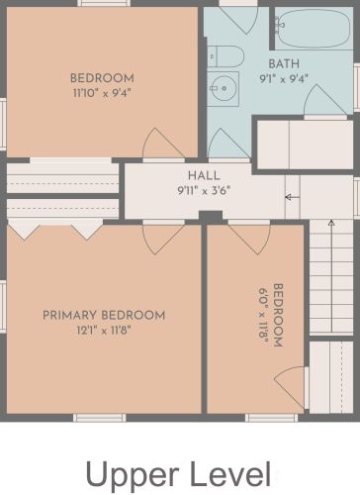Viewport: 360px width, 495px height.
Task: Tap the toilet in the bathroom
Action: tap(225, 56)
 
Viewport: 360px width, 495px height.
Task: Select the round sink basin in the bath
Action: tap(224, 88)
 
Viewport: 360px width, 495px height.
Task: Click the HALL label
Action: tap(204, 175)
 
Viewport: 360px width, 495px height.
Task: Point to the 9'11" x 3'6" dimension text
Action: tap(204, 191)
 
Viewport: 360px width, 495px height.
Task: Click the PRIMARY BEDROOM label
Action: tap(104, 315)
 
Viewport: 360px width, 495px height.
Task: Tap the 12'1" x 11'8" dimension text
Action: tap(104, 330)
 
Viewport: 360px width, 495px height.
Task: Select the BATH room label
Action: tap(284, 63)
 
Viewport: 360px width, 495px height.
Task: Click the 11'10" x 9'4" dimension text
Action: tap(102, 93)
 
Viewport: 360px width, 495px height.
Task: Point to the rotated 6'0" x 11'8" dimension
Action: tap(263, 316)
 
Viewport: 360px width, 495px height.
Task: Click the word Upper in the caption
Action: tap(132, 475)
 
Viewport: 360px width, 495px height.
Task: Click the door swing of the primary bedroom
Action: tap(163, 238)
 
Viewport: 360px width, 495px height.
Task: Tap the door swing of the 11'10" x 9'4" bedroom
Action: tap(163, 143)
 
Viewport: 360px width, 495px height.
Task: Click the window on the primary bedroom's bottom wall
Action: tap(99, 418)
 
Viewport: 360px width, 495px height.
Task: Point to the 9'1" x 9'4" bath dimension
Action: tap(284, 79)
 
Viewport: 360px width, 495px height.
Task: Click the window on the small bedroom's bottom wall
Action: tap(271, 418)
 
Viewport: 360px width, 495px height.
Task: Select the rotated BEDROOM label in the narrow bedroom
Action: tap(278, 316)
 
